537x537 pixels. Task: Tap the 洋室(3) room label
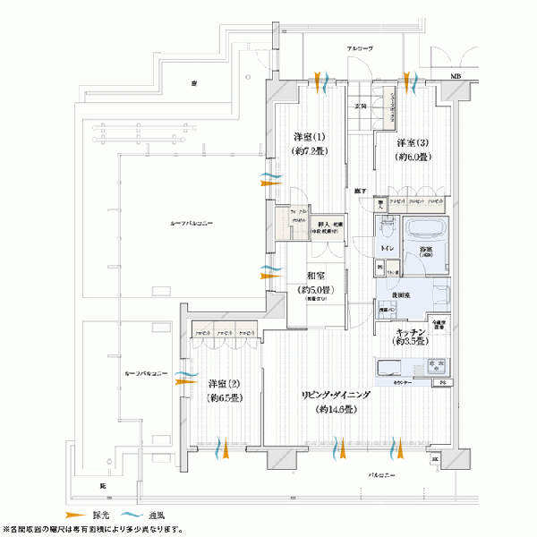[x=413, y=143]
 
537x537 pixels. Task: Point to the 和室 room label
[x=315, y=277]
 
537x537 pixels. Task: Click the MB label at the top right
[x=456, y=78]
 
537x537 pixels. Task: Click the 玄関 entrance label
[x=361, y=106]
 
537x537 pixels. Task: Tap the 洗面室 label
[x=400, y=294]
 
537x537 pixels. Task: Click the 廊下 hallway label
[x=359, y=191]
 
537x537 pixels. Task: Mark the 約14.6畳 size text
[x=336, y=409]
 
